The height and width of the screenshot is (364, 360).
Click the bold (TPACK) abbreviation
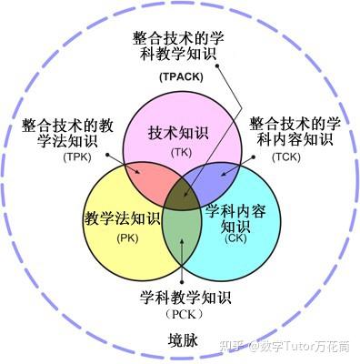[184, 77]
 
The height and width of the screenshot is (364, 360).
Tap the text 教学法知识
[121, 219]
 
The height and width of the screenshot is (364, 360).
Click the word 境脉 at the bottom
[182, 340]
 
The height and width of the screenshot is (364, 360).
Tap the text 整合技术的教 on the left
[66, 124]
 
